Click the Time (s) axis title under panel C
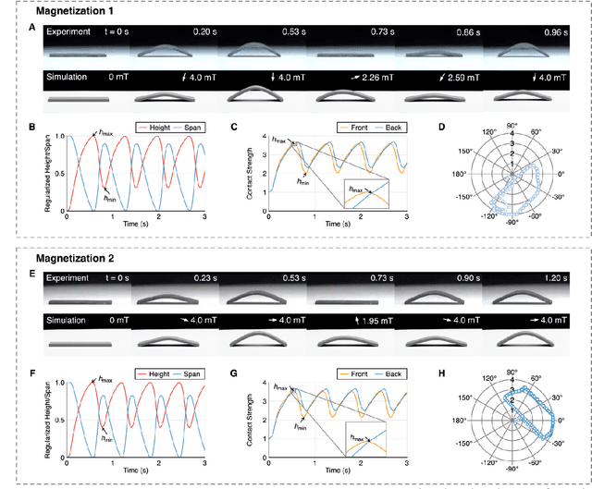pos(338,225)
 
